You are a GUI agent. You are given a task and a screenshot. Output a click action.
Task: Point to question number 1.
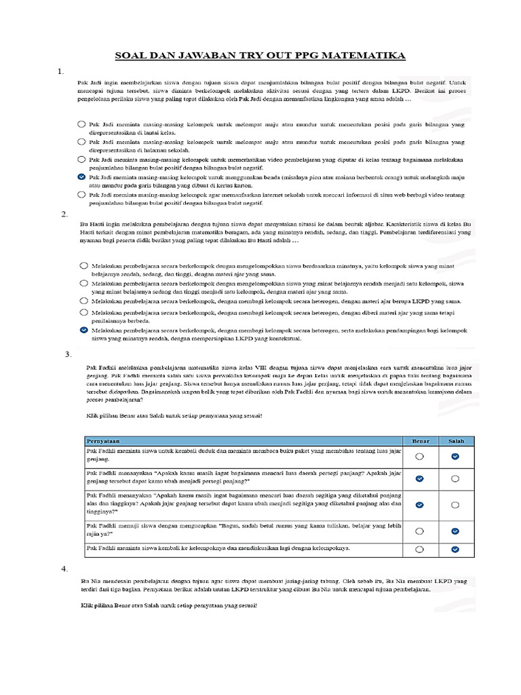pyautogui.click(x=61, y=71)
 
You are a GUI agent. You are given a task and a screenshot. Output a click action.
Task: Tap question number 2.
pyautogui.click(x=64, y=214)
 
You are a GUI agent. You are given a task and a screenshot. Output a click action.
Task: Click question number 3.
pyautogui.click(x=68, y=354)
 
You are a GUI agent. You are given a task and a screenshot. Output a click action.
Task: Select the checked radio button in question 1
pyautogui.click(x=82, y=176)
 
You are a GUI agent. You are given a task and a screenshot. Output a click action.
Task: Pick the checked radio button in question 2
pyautogui.click(x=83, y=329)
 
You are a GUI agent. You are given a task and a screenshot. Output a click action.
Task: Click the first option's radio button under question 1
pyautogui.click(x=82, y=124)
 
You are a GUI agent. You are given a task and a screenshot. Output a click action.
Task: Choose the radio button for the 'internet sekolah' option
pyautogui.click(x=82, y=194)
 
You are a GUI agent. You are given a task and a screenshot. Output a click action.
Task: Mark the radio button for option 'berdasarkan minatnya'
pyautogui.click(x=83, y=265)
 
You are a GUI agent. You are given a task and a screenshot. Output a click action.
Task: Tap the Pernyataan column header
pyautogui.click(x=102, y=440)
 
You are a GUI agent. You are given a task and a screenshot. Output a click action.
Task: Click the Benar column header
pyautogui.click(x=421, y=440)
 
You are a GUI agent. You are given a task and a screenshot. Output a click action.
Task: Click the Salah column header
pyautogui.click(x=456, y=440)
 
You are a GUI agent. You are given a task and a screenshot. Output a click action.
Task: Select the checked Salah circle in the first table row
pyautogui.click(x=455, y=456)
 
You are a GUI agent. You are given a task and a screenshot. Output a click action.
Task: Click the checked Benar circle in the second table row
pyautogui.click(x=420, y=478)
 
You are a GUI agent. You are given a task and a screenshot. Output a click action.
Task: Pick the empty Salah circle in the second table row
pyautogui.click(x=455, y=478)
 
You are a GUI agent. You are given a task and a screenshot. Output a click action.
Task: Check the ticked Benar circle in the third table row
pyautogui.click(x=420, y=505)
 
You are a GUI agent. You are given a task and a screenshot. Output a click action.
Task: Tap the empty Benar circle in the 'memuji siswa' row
pyautogui.click(x=420, y=531)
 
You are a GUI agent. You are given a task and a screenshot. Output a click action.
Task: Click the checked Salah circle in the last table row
pyautogui.click(x=455, y=548)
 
